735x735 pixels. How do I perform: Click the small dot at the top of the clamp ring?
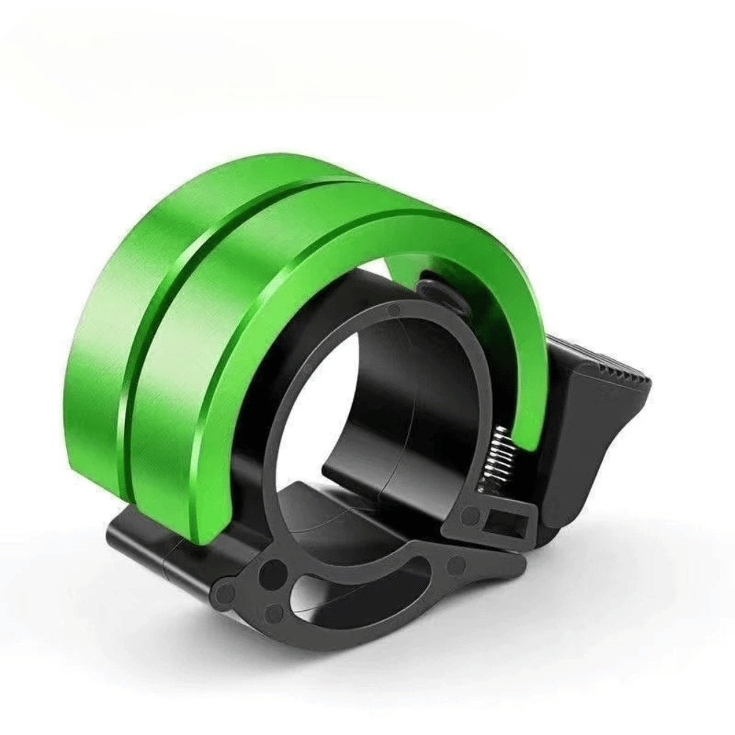(394, 309)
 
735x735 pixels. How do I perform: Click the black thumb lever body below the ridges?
(588, 441)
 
